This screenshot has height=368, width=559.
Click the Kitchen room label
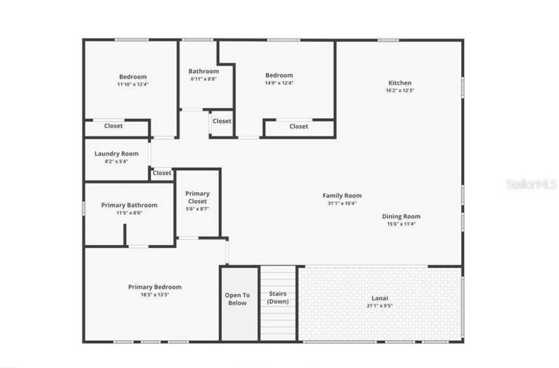pos(400,83)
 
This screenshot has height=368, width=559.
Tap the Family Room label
pos(342,196)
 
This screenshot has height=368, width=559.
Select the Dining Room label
pos(401,217)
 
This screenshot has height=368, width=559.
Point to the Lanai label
pos(380,299)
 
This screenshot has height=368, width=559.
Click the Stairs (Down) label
pos(278,297)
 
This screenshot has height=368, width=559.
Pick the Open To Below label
pos(237,299)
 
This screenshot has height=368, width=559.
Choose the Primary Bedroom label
pos(155,287)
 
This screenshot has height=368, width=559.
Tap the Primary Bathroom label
pos(129,206)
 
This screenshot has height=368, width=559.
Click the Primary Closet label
pos(197,197)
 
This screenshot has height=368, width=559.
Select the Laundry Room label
pos(116,154)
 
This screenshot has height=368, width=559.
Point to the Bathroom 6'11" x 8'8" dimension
pos(204,79)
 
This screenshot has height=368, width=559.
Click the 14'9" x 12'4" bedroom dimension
pos(279,83)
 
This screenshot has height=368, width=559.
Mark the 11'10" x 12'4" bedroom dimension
pos(133,85)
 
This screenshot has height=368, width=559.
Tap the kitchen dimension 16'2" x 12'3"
pos(400,91)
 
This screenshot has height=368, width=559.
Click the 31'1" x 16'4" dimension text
pos(342,203)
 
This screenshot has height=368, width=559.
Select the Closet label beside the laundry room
pos(162,173)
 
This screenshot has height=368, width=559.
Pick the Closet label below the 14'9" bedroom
pos(299,126)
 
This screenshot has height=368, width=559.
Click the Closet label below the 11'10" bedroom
pos(114,126)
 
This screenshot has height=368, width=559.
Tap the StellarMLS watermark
pos(531,184)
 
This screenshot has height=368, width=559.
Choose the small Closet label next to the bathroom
pos(222,121)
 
